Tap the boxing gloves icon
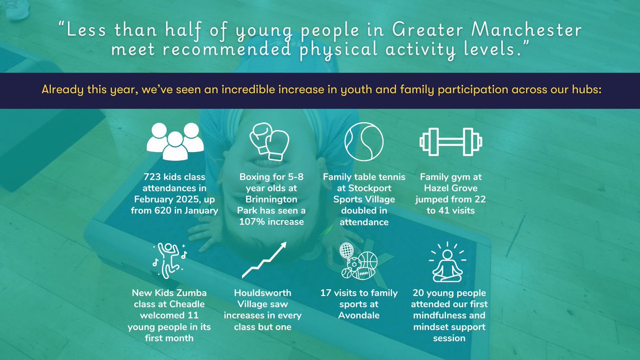(269, 140)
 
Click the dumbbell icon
(451, 140)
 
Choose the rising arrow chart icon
(265, 260)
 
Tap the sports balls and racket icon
(358, 261)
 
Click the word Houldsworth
(263, 293)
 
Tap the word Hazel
(435, 188)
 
